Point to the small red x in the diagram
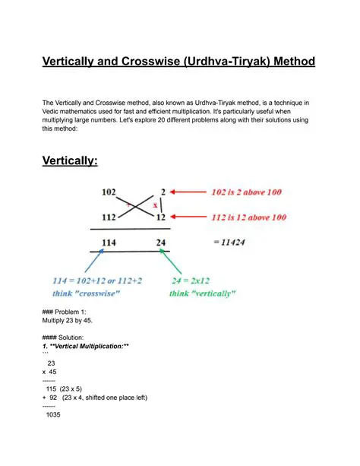pyautogui.click(x=156, y=205)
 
